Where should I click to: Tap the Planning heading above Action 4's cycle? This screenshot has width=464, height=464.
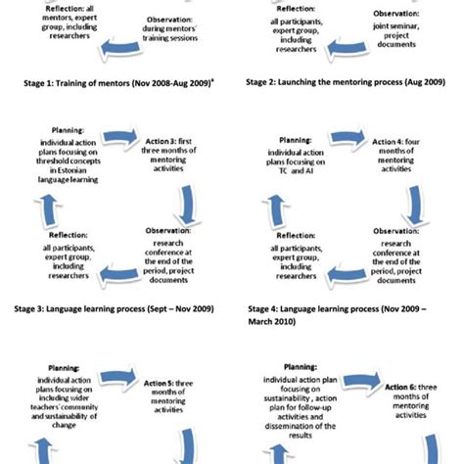coord(295,140)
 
